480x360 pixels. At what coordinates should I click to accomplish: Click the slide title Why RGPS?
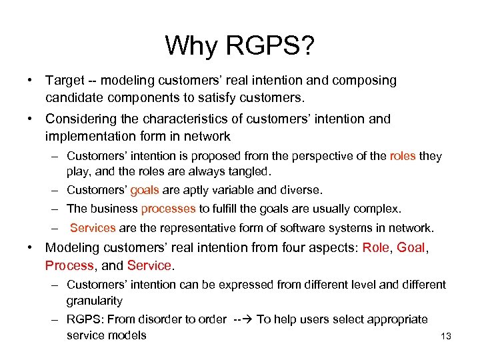pyautogui.click(x=239, y=46)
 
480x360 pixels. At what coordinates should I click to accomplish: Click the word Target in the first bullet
pyautogui.click(x=65, y=81)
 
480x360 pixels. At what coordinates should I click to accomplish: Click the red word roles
pyautogui.click(x=403, y=156)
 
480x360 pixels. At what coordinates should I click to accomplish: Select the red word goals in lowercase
pyautogui.click(x=144, y=190)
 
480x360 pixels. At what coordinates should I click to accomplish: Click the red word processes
pyautogui.click(x=168, y=209)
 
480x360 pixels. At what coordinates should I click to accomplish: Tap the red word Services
pyautogui.click(x=93, y=228)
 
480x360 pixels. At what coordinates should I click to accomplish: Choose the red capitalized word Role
pyautogui.click(x=376, y=248)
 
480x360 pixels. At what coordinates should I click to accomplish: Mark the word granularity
pyautogui.click(x=95, y=301)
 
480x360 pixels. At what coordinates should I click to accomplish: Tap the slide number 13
pyautogui.click(x=446, y=336)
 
